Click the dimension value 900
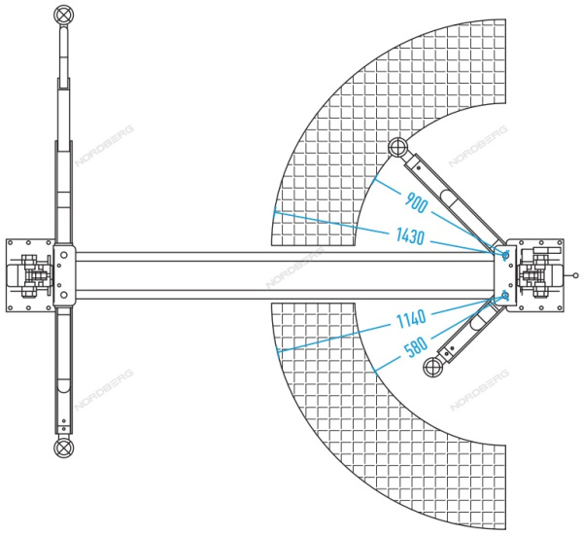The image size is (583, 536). (416, 203)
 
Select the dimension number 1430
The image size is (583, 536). (410, 236)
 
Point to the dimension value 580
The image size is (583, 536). (416, 347)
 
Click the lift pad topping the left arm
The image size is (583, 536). (63, 15)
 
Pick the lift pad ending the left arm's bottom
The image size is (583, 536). (63, 447)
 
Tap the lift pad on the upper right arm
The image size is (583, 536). (397, 147)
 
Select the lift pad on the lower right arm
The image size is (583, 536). (433, 367)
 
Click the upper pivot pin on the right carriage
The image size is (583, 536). (505, 255)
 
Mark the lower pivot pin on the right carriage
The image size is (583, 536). (505, 296)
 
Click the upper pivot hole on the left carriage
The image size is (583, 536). (63, 255)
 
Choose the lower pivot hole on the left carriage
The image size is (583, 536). (63, 295)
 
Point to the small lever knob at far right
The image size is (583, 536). (575, 275)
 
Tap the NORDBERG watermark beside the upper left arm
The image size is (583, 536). (104, 146)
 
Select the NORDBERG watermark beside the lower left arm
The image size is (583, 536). (104, 389)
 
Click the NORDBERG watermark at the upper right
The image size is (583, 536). (478, 146)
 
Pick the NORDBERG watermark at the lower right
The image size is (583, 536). (479, 389)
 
